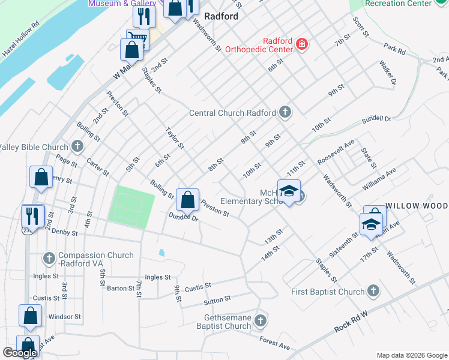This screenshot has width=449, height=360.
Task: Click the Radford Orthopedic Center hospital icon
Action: coord(302,44)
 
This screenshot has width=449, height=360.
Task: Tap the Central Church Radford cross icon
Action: coord(285,112)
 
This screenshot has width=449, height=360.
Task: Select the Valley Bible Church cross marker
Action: coord(77,146)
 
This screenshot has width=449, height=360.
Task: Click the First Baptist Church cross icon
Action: coord(373,292)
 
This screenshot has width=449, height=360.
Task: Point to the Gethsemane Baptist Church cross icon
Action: coord(261,320)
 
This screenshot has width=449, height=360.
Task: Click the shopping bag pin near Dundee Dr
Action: coord(187,199)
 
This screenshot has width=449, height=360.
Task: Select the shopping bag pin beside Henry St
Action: coord(41,178)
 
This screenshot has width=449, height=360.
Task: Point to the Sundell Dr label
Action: coord(376,119)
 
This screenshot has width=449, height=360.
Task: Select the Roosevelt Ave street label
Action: coord(336,152)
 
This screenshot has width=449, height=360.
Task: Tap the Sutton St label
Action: coord(217,299)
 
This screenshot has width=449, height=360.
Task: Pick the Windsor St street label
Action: coord(64,316)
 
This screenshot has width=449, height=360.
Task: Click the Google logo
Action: coord(20,353)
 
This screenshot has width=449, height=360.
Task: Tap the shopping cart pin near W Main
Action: coord(137,38)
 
